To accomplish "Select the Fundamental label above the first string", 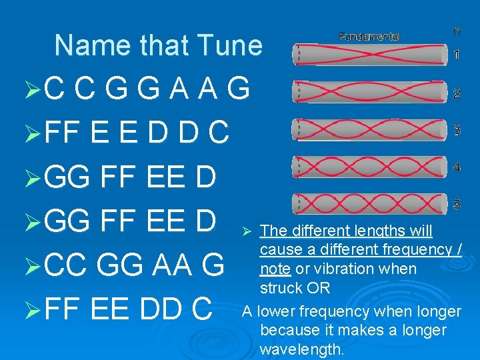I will coord(369,36).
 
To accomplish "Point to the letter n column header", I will coord(457,31).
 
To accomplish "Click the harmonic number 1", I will coord(457,55).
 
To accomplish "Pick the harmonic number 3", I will coord(457,130).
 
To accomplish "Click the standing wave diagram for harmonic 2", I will coord(370,92).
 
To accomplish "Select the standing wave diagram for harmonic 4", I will coord(370,167).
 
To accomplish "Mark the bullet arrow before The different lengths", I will coord(245,231).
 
